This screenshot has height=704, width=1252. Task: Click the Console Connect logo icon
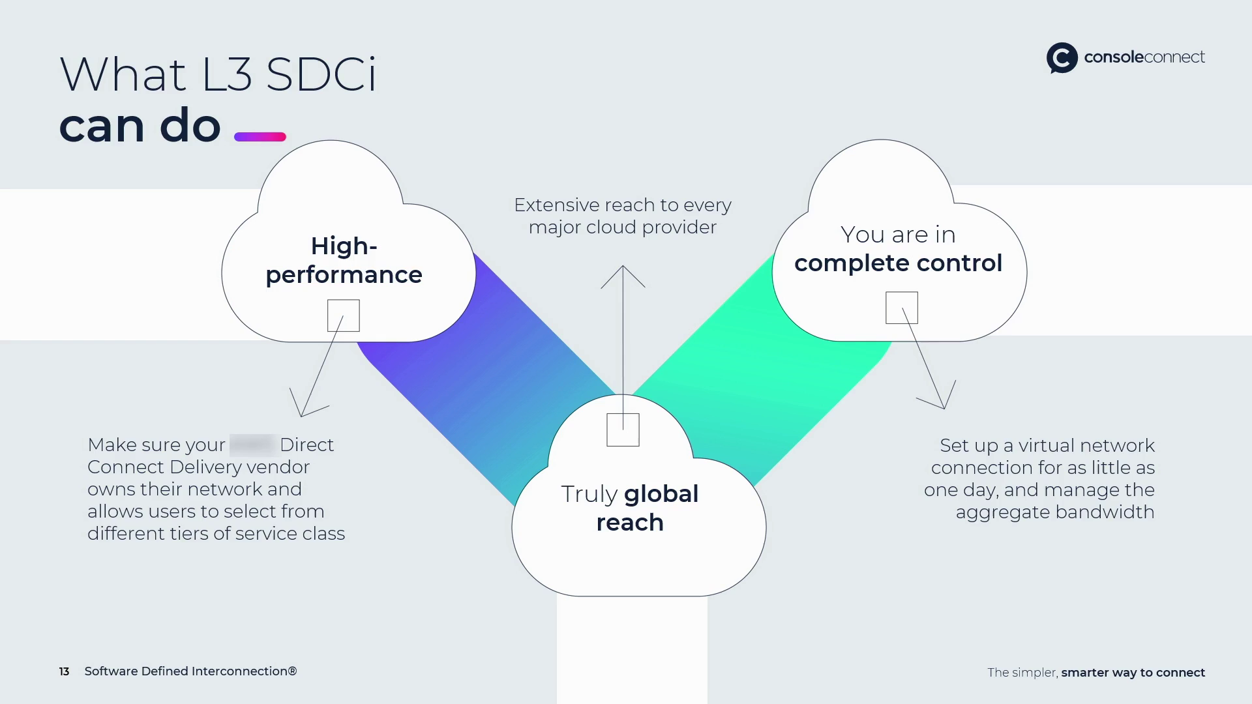pos(1062,58)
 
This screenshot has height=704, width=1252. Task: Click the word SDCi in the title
pos(321,74)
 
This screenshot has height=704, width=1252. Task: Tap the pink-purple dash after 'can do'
pos(260,137)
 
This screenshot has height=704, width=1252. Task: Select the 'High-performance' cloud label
pos(344,260)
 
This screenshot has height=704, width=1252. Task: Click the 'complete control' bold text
pos(898,263)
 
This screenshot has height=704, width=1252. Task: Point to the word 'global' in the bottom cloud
pos(661,494)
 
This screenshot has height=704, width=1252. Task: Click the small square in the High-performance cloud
pos(343,315)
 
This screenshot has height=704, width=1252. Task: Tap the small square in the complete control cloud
pos(901,308)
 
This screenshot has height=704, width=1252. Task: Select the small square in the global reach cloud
pos(623,430)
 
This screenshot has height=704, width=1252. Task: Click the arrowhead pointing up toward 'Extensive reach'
pos(623,271)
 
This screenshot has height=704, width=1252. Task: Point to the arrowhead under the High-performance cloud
pos(303,409)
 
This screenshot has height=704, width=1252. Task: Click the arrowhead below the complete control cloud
pos(942,402)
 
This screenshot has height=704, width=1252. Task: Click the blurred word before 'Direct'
pos(252,445)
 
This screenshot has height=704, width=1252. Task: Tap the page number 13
pos(64,671)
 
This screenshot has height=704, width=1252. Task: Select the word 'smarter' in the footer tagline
pos(1084,673)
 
